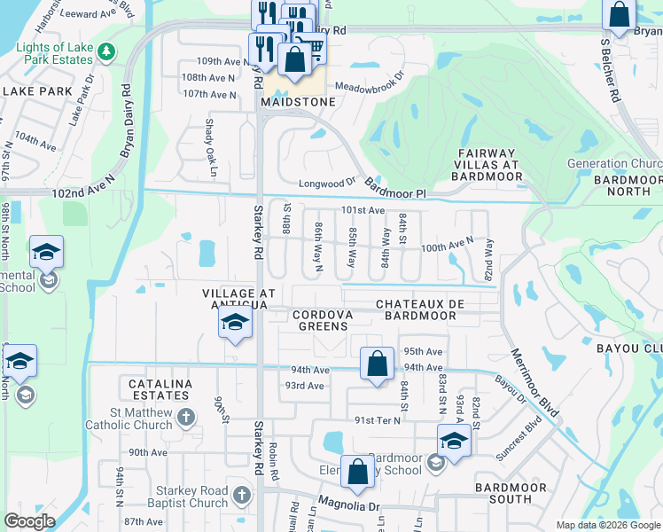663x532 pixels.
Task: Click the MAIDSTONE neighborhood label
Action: tap(298, 102)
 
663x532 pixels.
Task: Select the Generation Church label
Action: tap(613, 164)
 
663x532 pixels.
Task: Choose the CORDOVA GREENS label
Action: tap(322, 320)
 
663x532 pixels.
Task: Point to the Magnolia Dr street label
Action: tap(349, 506)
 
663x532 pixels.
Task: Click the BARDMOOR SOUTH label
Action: tap(514, 494)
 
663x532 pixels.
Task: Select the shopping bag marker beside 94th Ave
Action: tap(378, 364)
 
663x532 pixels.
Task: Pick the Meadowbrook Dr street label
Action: tap(369, 87)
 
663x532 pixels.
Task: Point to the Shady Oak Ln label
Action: tap(210, 137)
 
